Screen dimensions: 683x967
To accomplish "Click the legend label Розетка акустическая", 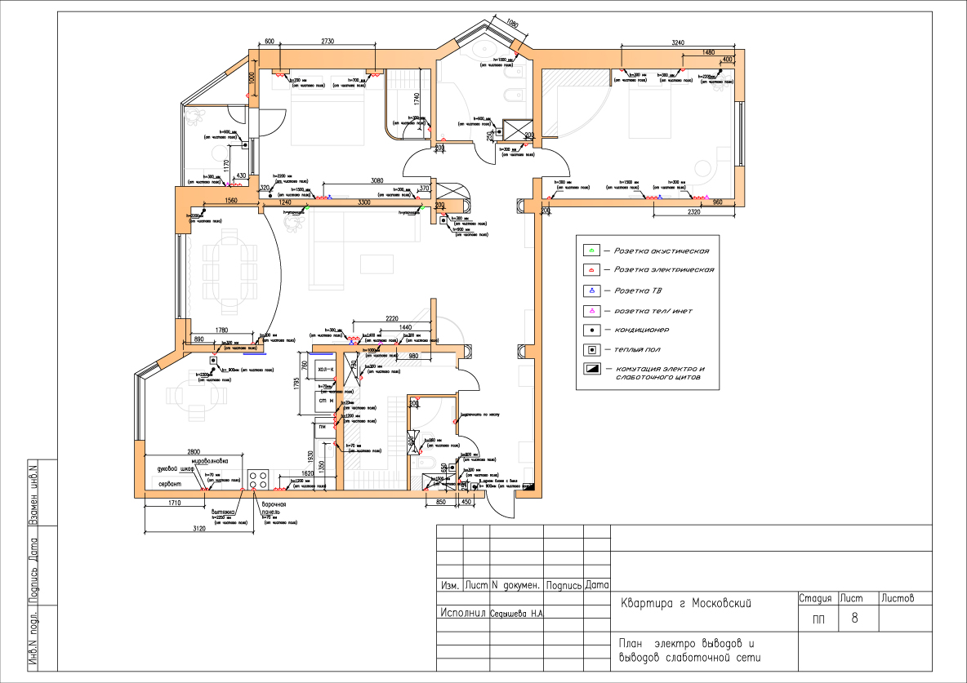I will (x=661, y=251).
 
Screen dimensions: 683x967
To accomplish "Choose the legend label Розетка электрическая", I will (x=664, y=269).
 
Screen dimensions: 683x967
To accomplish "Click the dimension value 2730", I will (x=328, y=41).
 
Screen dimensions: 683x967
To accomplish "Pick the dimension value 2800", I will (x=194, y=451).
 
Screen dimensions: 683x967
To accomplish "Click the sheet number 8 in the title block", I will (x=854, y=619).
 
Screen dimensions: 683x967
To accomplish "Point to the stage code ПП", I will (x=818, y=619).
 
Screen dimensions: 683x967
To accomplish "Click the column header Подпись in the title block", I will (x=564, y=585).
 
